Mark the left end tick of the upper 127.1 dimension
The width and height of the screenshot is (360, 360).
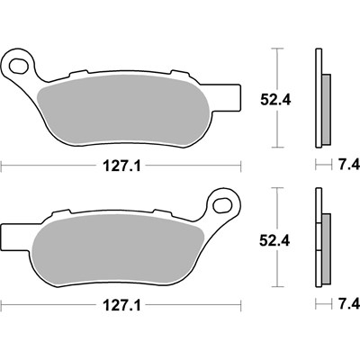[2, 166]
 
